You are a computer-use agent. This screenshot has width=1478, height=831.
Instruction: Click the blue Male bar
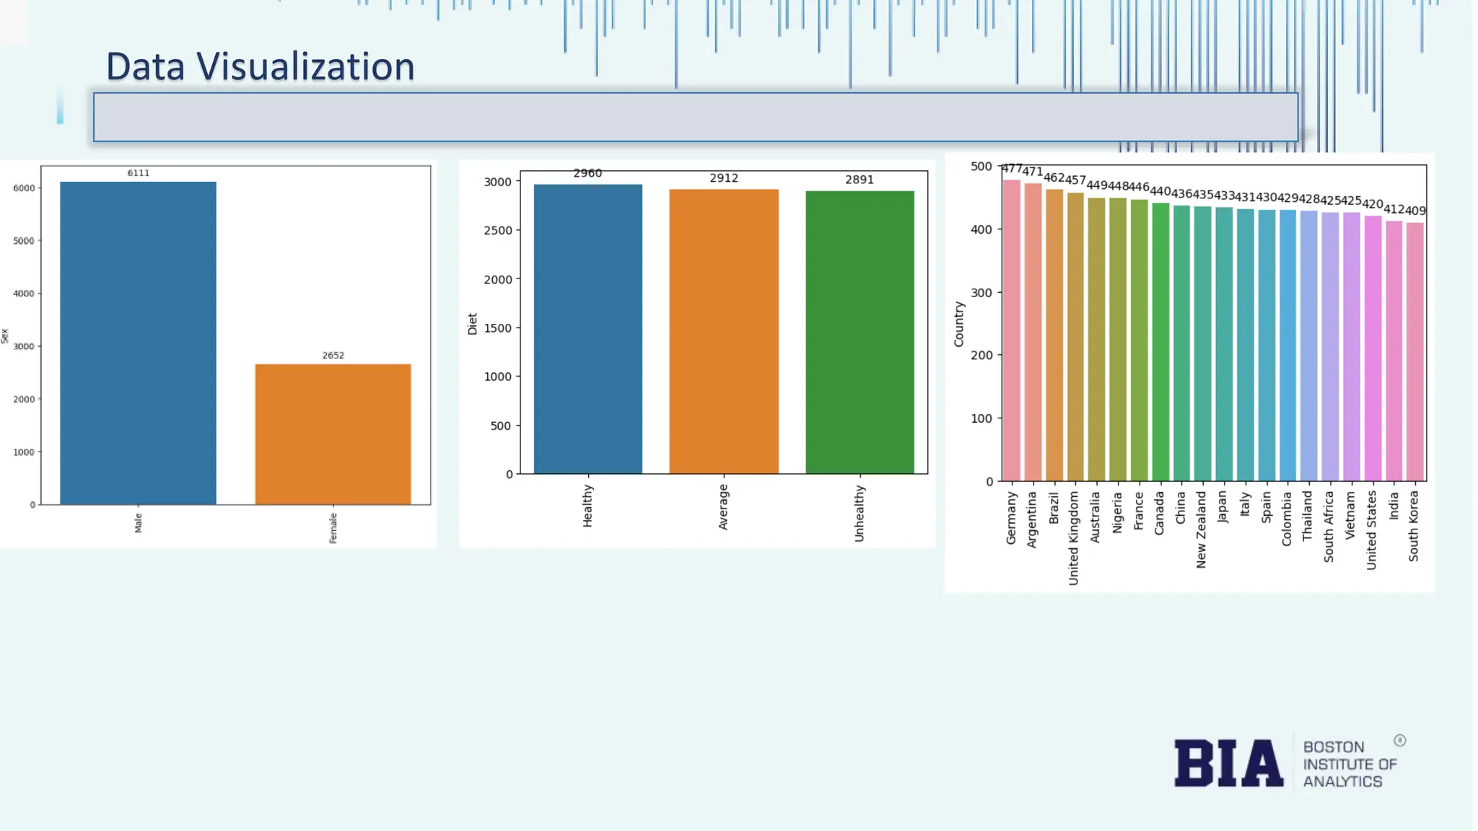(x=138, y=343)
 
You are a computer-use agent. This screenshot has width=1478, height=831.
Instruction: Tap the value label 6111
(x=138, y=173)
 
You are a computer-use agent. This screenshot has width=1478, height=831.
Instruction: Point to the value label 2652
(x=333, y=356)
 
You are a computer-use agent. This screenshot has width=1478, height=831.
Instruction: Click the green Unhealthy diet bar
(x=860, y=332)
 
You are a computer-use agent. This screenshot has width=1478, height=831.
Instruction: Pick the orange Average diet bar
(x=724, y=332)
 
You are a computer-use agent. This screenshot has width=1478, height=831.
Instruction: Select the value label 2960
(x=587, y=173)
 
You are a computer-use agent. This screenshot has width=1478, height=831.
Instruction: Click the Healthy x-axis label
(x=587, y=506)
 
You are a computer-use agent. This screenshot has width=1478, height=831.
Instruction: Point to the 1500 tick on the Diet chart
(x=497, y=328)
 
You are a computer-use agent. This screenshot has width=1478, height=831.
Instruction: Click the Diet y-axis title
(x=473, y=323)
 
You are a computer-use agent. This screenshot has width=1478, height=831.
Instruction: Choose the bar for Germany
(x=1011, y=330)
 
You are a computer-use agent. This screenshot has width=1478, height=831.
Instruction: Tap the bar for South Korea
(x=1414, y=352)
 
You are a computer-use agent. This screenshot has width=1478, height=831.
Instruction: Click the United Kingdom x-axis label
(x=1074, y=537)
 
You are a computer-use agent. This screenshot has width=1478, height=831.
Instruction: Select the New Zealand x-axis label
(x=1202, y=529)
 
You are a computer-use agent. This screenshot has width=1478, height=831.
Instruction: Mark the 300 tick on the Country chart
(x=981, y=293)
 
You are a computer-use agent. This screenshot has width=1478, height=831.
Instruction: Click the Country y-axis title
(x=959, y=324)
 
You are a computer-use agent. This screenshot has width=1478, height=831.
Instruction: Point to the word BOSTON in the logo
(x=1333, y=747)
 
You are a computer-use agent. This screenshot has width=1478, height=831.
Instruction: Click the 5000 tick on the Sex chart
(x=24, y=241)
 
